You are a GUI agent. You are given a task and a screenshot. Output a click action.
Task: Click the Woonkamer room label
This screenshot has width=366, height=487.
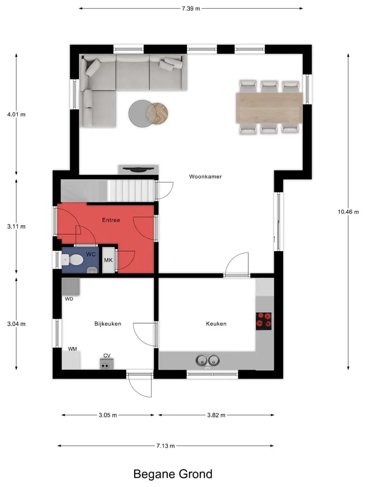tap(205, 177)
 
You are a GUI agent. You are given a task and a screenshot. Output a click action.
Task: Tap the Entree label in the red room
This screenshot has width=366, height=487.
tap(111, 220)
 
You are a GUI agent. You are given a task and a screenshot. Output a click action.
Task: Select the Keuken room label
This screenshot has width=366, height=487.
tap(216, 324)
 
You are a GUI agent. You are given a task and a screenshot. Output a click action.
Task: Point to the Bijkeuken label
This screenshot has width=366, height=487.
tap(108, 324)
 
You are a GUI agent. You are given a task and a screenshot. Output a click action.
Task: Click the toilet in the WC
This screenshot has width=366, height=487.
tap(72, 260)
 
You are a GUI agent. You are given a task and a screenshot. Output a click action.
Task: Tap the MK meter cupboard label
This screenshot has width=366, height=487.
tap(108, 260)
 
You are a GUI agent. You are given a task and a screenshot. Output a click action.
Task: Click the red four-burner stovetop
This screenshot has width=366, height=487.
tap(264, 321)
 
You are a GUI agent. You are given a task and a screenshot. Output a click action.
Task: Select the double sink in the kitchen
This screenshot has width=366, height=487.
tap(207, 361)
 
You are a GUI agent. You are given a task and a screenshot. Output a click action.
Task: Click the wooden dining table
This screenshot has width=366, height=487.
tap(269, 108)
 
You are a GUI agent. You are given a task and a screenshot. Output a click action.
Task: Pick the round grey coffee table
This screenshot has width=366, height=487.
tap(142, 113)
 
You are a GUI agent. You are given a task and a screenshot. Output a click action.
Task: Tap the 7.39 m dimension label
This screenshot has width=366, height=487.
tap(191, 9)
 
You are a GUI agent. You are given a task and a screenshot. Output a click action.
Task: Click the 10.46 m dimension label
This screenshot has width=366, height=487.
tap(348, 212)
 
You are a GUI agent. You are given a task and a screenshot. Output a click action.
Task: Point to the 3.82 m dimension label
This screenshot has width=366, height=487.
tap(217, 415)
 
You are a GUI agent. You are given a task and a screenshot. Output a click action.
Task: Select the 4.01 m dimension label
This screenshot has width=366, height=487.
tap(16, 114)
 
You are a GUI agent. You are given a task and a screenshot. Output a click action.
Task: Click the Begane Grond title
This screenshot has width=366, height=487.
tap(173, 474)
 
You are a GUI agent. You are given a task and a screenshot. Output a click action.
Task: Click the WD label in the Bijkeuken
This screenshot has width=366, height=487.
tap(69, 299)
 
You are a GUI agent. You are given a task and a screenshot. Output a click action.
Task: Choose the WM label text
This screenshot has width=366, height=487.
tap(73, 349)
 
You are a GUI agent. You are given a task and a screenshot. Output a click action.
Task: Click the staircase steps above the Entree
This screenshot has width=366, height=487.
tap(131, 190)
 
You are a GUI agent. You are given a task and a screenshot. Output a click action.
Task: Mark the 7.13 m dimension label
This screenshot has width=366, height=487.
tap(166, 446)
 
